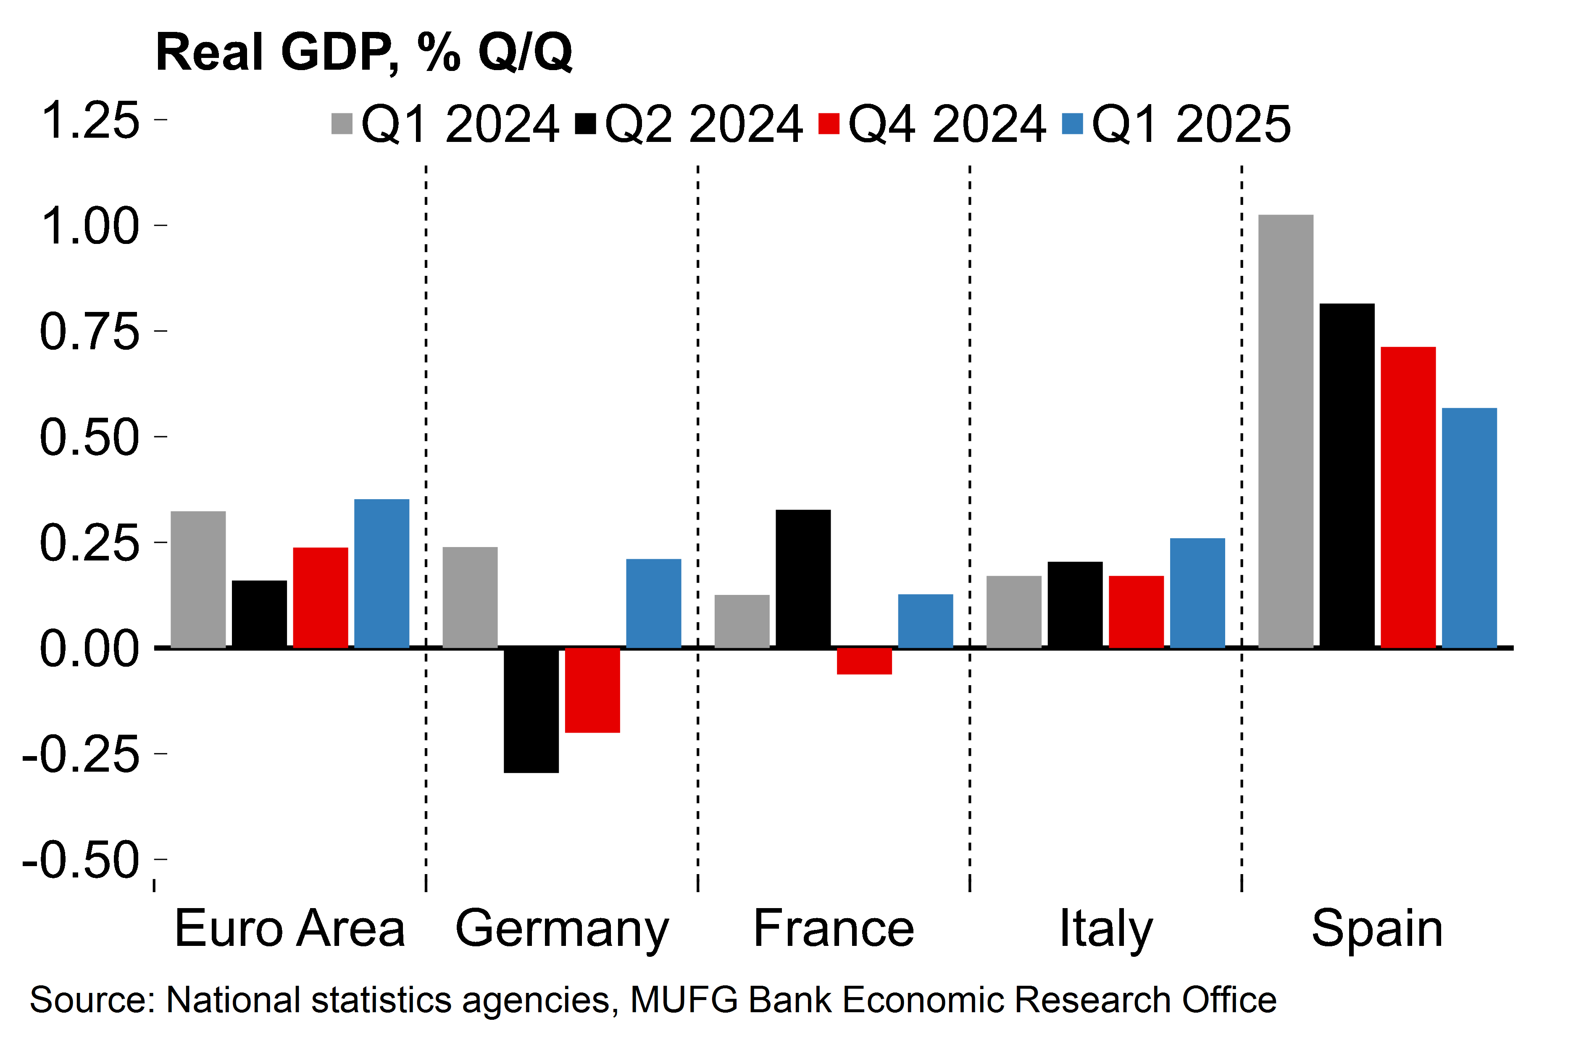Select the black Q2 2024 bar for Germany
[531, 710]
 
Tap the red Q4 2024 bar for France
[864, 661]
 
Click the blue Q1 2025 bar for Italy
[1197, 593]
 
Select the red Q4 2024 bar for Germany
[592, 690]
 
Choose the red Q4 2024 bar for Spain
[1408, 497]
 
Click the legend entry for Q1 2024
[446, 125]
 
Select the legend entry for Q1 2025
[1176, 125]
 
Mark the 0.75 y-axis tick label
[90, 332]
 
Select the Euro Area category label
[289, 928]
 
